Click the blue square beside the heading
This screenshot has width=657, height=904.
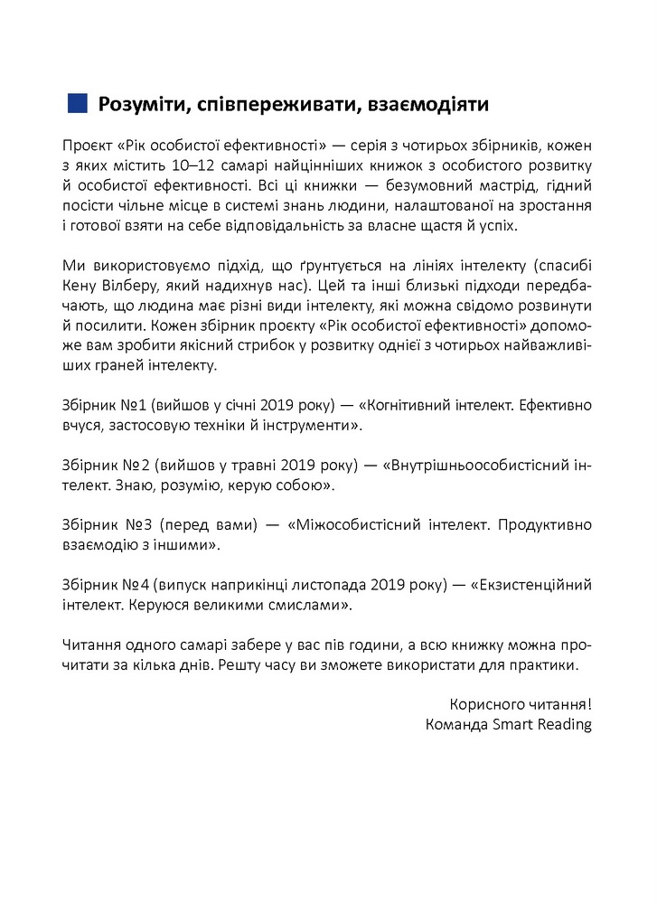[x=78, y=104]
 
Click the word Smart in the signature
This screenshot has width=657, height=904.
[x=517, y=724]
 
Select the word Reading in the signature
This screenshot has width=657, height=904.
[x=566, y=724]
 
